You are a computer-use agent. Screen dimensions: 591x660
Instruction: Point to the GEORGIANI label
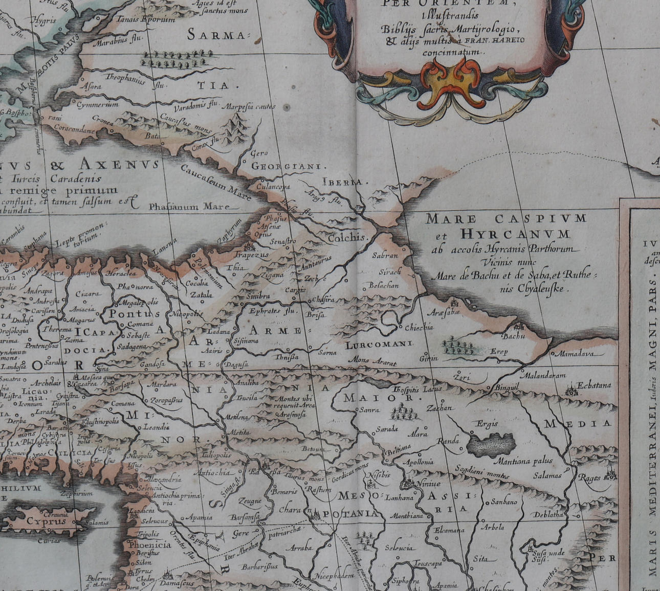[289, 166]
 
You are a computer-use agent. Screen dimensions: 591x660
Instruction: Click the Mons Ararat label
[372, 360]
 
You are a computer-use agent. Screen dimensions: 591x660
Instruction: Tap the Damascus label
[177, 583]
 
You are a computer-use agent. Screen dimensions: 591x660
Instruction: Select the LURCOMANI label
[379, 345]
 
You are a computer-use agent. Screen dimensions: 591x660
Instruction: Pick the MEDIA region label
[578, 423]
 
